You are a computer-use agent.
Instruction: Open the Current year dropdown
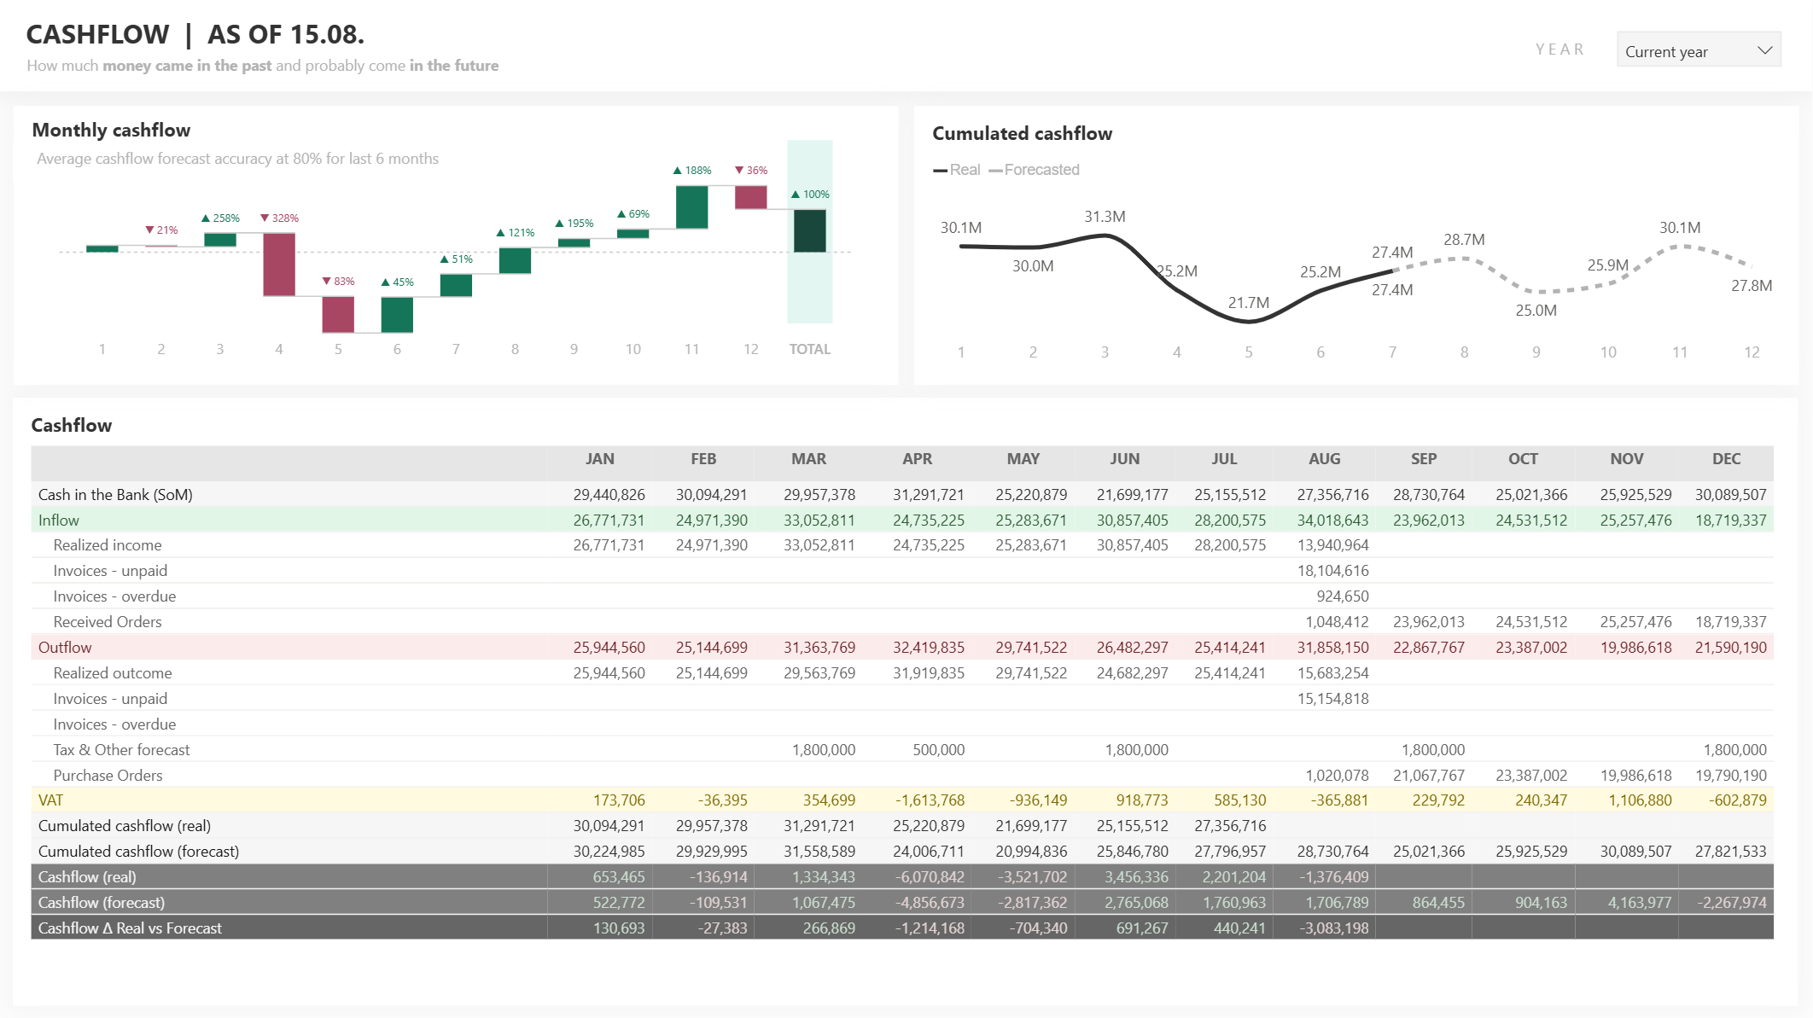point(1698,51)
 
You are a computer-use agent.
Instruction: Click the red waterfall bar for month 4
point(279,265)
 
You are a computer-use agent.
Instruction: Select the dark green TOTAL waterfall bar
point(809,230)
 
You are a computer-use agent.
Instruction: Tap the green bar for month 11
point(691,207)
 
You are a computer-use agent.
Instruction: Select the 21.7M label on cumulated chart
point(1248,303)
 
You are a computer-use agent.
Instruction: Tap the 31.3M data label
point(1105,217)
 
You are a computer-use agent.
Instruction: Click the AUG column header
point(1324,459)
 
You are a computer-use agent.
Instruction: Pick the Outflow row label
point(65,648)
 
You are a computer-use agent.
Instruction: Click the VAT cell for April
point(930,800)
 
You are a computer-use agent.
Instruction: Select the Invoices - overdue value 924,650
point(1342,596)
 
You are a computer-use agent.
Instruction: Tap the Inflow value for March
point(819,521)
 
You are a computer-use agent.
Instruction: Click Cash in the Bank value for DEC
point(1730,495)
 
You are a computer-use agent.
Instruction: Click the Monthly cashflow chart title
point(111,131)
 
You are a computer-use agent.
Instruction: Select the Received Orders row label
point(108,622)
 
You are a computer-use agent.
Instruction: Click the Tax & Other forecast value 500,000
point(938,750)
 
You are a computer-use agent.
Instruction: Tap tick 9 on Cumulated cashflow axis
point(1536,352)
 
